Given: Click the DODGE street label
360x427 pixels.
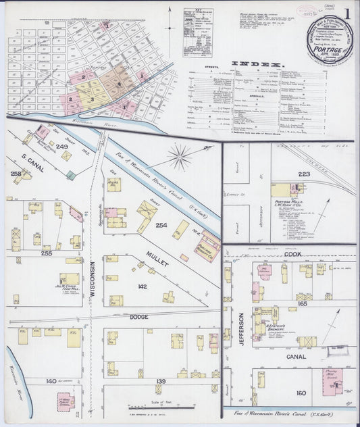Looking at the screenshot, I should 139,317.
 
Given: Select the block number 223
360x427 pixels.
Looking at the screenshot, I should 304,174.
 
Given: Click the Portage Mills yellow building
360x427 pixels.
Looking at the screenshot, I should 281,190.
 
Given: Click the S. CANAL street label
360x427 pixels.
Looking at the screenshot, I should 32,163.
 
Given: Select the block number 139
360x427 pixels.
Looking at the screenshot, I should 160,382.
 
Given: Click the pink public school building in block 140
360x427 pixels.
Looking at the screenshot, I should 65,400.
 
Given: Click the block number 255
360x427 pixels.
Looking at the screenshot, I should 47,253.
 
